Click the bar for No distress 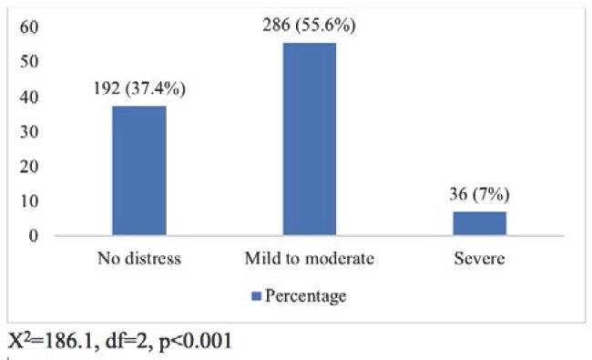coord(139,171)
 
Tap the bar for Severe coord(479,223)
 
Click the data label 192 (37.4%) coord(139,91)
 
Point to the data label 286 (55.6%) coord(310,26)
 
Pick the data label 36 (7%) coord(479,196)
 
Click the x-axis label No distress coord(139,259)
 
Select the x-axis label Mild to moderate coord(310,259)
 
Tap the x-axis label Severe coord(479,259)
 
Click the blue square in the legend coord(256,296)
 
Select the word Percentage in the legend coord(305,296)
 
